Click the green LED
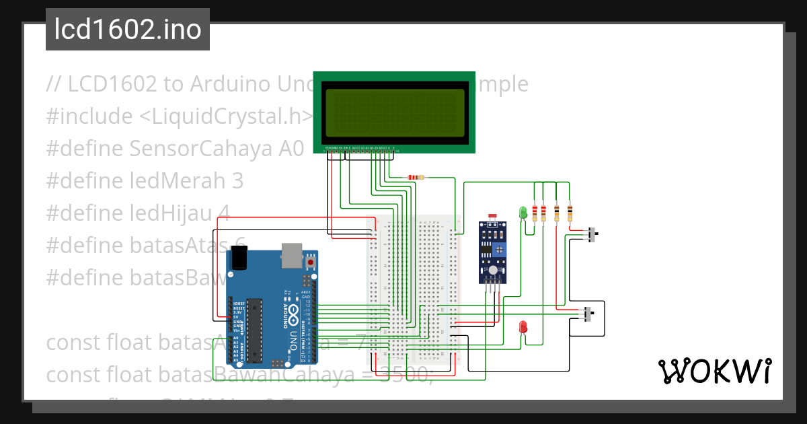click(523, 213)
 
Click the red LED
click(523, 327)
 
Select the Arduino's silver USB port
click(291, 254)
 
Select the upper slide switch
click(592, 236)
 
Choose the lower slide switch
click(588, 314)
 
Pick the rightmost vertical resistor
click(570, 213)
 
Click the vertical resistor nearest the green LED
click(535, 213)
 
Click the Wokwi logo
click(714, 371)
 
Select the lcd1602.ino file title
click(128, 30)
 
